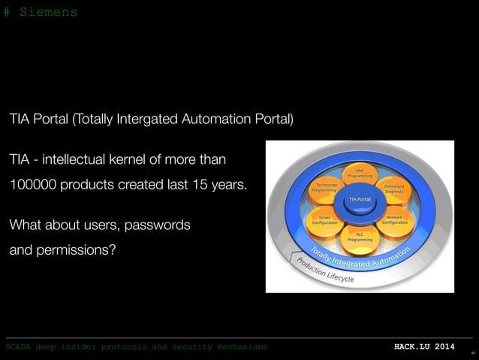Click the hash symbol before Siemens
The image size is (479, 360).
[x=7, y=13]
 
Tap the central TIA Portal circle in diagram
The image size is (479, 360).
[x=359, y=198]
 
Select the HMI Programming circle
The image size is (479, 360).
[x=359, y=174]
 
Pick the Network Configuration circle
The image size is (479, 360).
[x=395, y=219]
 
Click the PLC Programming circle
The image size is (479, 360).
[x=359, y=236]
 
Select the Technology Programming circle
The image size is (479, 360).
[x=326, y=188]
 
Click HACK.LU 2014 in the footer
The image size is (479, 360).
[x=424, y=347]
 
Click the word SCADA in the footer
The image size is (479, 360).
[x=19, y=347]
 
